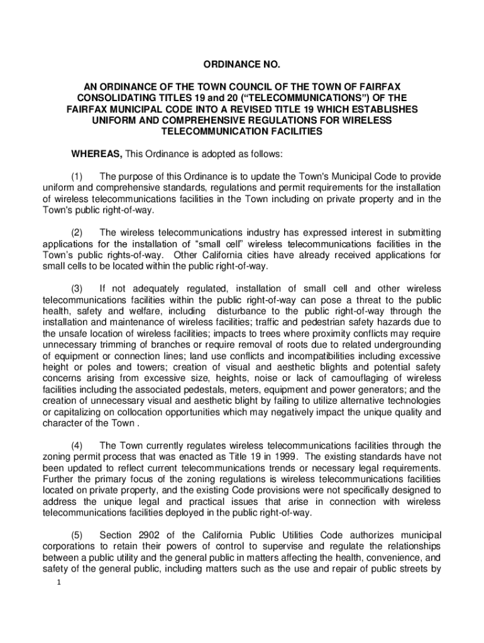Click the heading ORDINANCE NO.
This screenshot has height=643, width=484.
coord(242,65)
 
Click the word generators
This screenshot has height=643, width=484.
coord(382,390)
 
